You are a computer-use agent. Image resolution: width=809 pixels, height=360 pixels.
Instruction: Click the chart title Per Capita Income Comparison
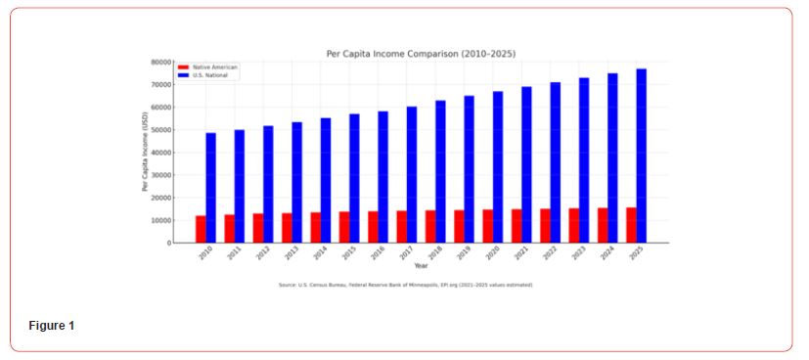[x=421, y=54]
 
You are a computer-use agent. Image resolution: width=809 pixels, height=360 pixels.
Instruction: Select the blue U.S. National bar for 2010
[x=211, y=188]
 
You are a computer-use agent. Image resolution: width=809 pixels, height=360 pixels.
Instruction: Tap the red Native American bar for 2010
[x=201, y=229]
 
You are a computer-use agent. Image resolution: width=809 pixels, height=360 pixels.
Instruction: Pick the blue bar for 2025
[x=642, y=156]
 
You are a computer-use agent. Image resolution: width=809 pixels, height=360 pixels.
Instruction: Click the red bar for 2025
[x=631, y=225]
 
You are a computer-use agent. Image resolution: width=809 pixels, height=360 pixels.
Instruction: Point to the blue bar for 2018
[x=441, y=171]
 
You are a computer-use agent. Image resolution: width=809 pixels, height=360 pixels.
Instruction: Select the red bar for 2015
[x=344, y=227]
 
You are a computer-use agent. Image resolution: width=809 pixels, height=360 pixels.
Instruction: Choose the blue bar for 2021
[x=526, y=164]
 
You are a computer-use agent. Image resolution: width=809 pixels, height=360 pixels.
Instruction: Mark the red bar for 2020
[x=487, y=226]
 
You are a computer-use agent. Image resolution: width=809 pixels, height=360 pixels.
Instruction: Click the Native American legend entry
[x=212, y=67]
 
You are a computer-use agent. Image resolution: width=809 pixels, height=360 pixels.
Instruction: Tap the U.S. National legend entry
[x=210, y=73]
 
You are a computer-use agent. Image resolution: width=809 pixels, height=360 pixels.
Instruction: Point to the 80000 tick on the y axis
[x=160, y=62]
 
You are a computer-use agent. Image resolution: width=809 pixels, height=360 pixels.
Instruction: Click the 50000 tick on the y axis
[x=160, y=130]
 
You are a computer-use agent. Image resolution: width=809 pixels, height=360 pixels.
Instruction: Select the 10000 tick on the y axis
[x=160, y=220]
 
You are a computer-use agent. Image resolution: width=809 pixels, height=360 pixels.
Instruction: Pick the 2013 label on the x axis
[x=291, y=252]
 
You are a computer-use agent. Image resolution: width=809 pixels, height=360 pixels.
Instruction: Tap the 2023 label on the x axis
[x=578, y=252]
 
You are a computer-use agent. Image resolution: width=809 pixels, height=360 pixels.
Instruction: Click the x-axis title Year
[x=421, y=265]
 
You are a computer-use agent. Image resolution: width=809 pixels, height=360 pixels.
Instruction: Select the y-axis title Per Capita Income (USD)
[x=146, y=152]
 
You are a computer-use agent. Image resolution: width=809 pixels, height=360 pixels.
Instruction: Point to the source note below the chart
[x=405, y=285]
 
